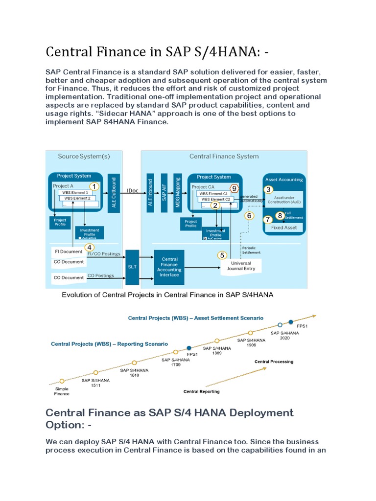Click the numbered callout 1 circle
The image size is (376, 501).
coord(94,186)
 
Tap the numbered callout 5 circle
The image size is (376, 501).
coord(223,255)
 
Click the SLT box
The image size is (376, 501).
coord(133,267)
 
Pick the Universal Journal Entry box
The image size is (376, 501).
coord(240,266)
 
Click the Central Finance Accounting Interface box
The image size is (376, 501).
coord(169,267)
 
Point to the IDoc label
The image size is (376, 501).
coord(132,191)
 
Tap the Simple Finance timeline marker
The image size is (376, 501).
coord(62,381)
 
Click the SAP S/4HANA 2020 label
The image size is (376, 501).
coord(284,336)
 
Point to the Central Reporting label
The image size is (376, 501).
coord(201,391)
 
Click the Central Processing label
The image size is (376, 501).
coord(274,362)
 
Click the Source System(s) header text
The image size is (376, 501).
coord(84,157)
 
